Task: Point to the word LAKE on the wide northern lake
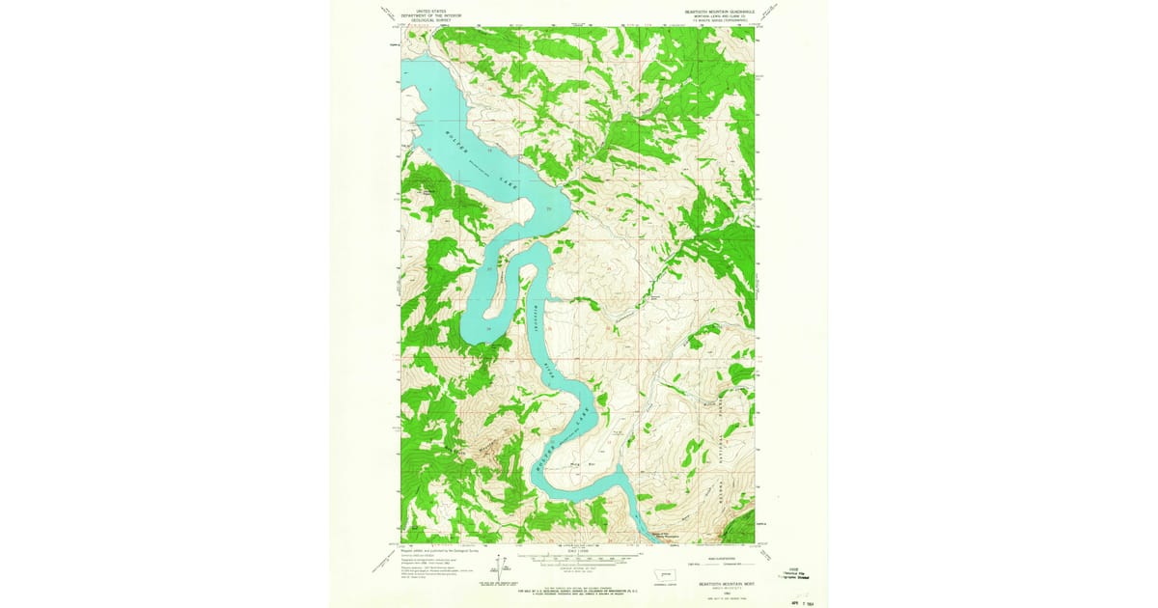tap(503, 180)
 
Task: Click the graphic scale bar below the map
tap(579, 556)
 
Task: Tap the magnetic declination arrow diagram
tap(501, 567)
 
